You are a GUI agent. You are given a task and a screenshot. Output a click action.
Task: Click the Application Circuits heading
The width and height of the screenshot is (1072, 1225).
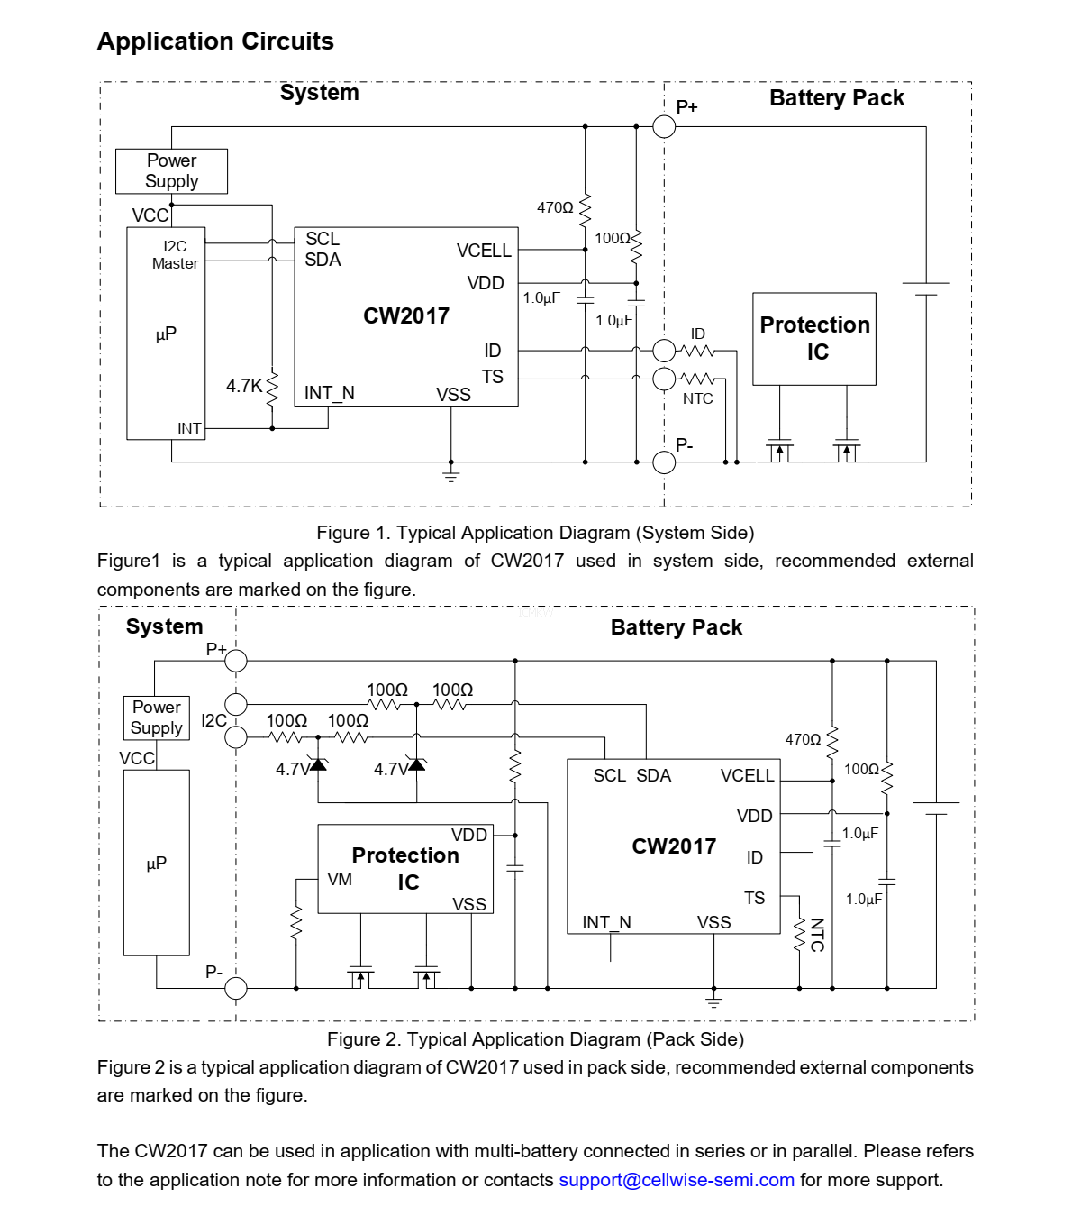click(215, 41)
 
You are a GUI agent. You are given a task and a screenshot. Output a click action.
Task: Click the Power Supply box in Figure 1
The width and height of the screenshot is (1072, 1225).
click(171, 171)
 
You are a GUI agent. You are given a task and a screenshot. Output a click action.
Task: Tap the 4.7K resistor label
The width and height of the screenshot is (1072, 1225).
click(243, 386)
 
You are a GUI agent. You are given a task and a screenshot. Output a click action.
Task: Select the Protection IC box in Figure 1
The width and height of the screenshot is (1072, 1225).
click(814, 339)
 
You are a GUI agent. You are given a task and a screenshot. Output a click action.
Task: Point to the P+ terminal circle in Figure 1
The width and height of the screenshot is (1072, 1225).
click(664, 126)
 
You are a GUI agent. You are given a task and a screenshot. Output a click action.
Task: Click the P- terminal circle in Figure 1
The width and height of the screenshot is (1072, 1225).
click(664, 462)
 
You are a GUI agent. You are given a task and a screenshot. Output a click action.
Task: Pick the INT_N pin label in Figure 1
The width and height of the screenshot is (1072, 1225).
click(329, 393)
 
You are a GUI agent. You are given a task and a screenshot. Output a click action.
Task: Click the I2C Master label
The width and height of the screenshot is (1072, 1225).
click(175, 255)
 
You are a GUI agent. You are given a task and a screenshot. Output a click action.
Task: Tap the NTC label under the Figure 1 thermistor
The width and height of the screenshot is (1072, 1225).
click(697, 398)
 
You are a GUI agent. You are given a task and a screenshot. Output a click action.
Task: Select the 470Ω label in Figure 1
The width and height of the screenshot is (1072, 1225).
click(555, 207)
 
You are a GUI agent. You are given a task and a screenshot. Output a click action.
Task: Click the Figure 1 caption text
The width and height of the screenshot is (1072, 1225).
click(535, 533)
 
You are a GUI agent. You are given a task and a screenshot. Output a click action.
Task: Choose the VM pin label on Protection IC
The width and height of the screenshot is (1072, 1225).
click(340, 879)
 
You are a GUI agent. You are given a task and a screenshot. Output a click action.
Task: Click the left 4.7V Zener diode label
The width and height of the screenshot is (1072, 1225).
click(293, 769)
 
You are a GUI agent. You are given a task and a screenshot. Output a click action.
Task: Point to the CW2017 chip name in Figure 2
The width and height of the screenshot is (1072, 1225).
click(674, 846)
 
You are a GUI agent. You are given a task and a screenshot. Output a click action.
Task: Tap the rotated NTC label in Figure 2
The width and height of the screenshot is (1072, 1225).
click(817, 935)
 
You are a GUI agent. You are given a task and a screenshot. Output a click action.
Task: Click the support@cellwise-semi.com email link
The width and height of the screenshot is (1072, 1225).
click(677, 1180)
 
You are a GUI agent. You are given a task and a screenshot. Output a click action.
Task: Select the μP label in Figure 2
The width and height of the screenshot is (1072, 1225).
click(156, 863)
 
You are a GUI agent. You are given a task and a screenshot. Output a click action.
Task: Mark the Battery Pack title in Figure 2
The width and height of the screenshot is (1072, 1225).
click(677, 627)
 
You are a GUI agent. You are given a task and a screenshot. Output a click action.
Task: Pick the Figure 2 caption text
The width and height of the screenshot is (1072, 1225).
click(535, 1039)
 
